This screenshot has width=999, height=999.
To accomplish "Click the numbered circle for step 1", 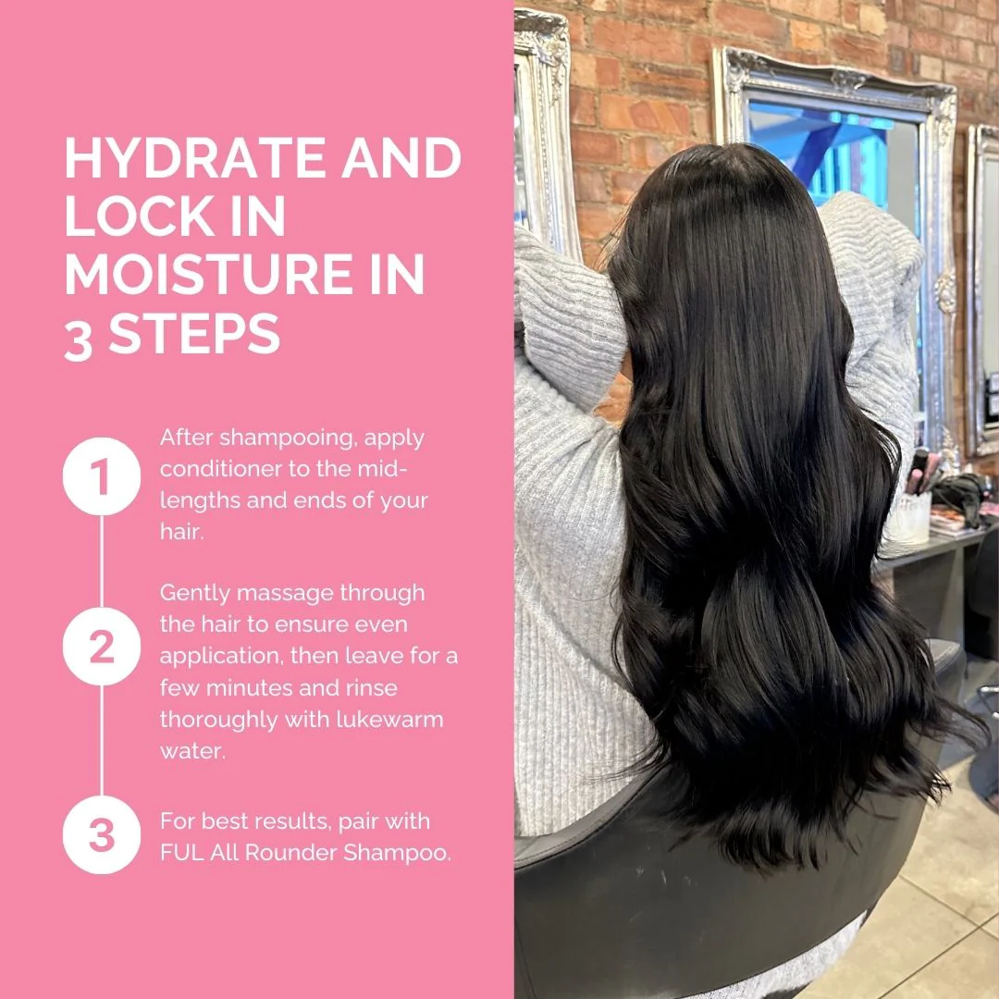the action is [x=102, y=476].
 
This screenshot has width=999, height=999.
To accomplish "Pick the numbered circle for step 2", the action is [x=102, y=647].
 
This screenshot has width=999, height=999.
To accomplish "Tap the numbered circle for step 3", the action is [x=102, y=834].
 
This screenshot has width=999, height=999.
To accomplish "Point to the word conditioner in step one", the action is [x=221, y=469].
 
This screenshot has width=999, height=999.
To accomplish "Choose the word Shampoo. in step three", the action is [x=397, y=854].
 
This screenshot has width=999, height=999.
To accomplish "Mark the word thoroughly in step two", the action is [x=218, y=721].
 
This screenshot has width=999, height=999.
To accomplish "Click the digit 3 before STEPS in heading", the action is [x=79, y=336].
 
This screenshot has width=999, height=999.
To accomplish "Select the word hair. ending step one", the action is [x=182, y=531].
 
